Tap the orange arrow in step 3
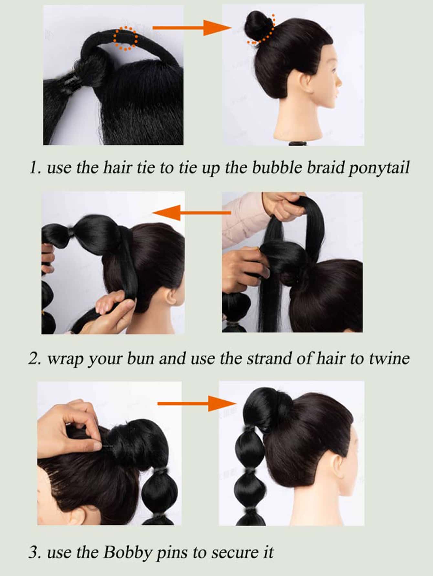197,403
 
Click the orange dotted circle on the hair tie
125,39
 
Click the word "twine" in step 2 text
389,358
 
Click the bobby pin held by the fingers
109,446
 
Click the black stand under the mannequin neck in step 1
295,143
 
